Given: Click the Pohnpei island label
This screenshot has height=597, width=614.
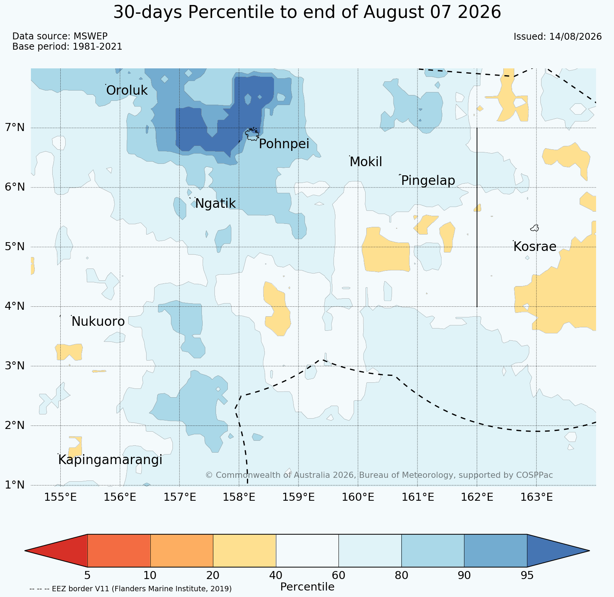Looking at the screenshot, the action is click(x=284, y=144).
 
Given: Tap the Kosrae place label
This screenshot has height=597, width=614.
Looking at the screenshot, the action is click(x=535, y=247).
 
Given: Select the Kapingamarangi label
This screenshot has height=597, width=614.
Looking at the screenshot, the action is click(x=110, y=460).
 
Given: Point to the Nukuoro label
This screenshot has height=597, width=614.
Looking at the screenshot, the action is click(x=98, y=322).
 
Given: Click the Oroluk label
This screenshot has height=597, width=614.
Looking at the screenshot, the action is click(x=127, y=91).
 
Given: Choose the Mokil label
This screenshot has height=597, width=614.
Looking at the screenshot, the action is click(x=366, y=162).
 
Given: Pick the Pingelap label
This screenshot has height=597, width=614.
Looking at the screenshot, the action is click(x=428, y=181).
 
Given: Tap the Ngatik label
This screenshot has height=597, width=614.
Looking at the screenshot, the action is click(x=215, y=204).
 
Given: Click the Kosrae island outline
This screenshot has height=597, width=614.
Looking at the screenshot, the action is click(x=534, y=228).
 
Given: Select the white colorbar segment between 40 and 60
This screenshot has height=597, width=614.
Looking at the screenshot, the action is click(x=307, y=551).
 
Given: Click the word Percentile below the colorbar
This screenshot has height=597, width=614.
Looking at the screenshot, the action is click(x=307, y=587).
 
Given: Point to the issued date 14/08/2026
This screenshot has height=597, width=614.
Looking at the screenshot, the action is click(x=575, y=37).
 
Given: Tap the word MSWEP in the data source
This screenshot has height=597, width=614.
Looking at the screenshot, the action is click(x=90, y=36).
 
